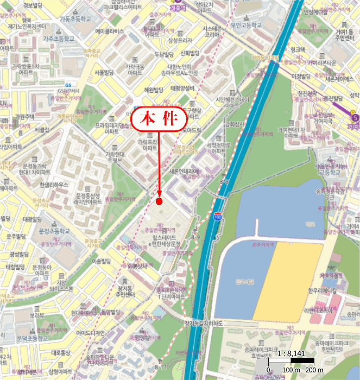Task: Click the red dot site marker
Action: pyautogui.click(x=159, y=201)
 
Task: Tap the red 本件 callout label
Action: pyautogui.click(x=158, y=119)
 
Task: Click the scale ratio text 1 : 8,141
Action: pyautogui.click(x=292, y=353)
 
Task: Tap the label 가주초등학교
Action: pyautogui.click(x=59, y=39)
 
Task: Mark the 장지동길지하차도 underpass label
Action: pyautogui.click(x=205, y=324)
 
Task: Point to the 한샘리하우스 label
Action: pyautogui.click(x=54, y=185)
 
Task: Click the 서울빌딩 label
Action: pyautogui.click(x=103, y=72)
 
